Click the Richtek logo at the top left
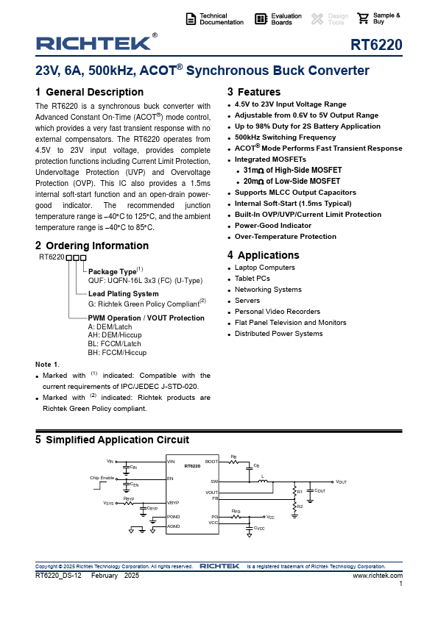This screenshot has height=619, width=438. pyautogui.click(x=93, y=43)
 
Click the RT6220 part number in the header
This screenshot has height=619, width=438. pyautogui.click(x=376, y=46)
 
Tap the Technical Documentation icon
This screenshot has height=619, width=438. pyautogui.click(x=191, y=19)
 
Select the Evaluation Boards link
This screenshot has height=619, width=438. pyautogui.click(x=286, y=19)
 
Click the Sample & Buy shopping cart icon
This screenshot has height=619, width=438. pyautogui.click(x=363, y=19)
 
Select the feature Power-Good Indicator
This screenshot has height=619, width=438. pyautogui.click(x=273, y=226)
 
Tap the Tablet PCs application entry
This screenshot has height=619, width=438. pyautogui.click(x=252, y=279)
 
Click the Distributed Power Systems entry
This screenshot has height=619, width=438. pyautogui.click(x=278, y=334)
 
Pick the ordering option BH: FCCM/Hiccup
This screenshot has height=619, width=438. pyautogui.click(x=117, y=353)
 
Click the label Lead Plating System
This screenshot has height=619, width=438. pyautogui.click(x=123, y=294)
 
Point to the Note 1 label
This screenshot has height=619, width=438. pyautogui.click(x=47, y=365)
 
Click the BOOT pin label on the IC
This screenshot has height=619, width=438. pyautogui.click(x=212, y=462)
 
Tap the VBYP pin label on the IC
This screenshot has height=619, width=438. pyautogui.click(x=174, y=503)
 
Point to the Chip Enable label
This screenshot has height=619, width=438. pyautogui.click(x=102, y=479)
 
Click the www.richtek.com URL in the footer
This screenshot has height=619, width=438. pyautogui.click(x=378, y=575)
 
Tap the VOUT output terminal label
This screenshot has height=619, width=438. pyautogui.click(x=341, y=482)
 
